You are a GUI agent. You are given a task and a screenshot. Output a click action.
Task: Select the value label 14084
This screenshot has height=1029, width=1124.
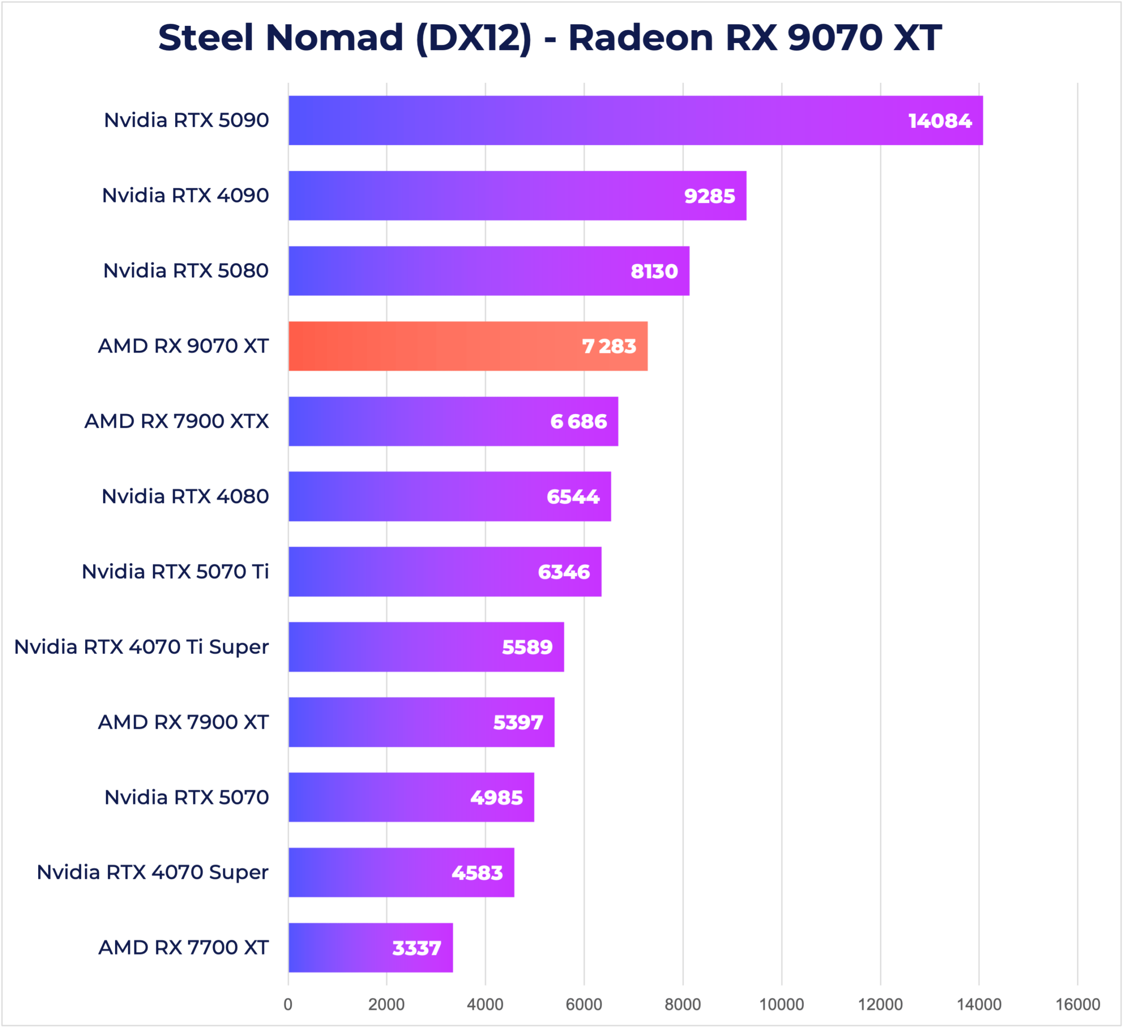(940, 121)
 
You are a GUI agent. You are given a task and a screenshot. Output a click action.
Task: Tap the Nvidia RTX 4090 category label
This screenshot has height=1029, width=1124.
(185, 196)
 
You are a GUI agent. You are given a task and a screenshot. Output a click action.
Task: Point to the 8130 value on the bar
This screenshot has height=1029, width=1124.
(654, 271)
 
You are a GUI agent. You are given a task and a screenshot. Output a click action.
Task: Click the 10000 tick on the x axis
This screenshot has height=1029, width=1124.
(781, 1004)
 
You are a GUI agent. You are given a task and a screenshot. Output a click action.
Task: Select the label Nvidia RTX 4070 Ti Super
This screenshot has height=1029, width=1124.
(142, 647)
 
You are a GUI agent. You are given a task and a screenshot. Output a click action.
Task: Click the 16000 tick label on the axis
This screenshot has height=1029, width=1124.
(1077, 1004)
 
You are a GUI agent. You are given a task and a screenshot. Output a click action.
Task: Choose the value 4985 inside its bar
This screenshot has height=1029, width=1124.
(496, 798)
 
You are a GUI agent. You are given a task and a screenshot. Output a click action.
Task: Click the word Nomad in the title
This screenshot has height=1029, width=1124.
(335, 38)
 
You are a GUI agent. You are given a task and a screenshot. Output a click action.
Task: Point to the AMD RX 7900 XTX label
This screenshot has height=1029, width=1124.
(177, 421)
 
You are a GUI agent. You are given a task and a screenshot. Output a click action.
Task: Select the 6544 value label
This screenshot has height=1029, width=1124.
(573, 497)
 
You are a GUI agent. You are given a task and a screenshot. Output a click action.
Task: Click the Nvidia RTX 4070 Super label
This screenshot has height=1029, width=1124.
(153, 872)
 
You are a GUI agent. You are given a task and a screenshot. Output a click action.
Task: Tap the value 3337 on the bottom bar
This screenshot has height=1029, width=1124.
(417, 948)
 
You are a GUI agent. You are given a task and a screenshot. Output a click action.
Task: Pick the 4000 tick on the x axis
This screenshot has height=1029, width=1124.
(485, 1004)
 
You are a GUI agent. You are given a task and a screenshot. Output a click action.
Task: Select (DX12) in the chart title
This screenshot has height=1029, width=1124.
(474, 38)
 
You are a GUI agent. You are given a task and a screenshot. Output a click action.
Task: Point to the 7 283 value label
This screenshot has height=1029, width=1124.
(609, 347)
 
